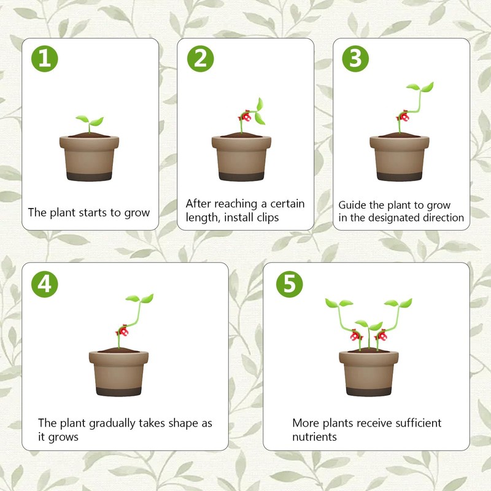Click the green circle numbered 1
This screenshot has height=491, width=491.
44,58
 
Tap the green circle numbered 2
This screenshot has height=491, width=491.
201,58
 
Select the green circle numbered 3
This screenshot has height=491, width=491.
355,58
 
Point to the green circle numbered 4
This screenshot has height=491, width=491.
44,284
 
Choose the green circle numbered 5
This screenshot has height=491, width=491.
289,284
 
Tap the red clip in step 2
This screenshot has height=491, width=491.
245,117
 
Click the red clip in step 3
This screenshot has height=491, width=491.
403,117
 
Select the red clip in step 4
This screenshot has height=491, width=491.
122,331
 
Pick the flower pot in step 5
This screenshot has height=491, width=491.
369,373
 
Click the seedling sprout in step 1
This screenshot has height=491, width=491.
90,124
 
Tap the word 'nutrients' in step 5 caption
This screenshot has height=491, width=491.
314,437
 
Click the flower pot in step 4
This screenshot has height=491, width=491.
118,373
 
